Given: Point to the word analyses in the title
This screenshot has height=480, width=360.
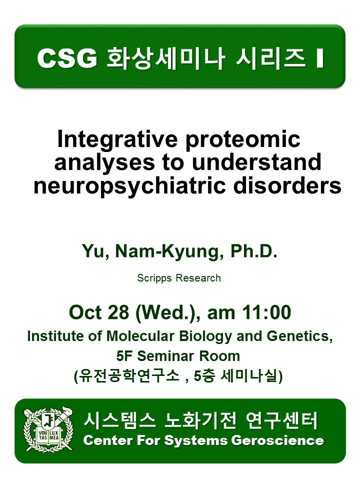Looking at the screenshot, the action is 104,163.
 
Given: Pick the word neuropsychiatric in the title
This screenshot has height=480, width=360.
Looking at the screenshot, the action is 129,186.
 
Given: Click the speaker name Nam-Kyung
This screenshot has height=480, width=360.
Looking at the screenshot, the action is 167,251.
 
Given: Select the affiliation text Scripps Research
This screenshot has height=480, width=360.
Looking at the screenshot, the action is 179,278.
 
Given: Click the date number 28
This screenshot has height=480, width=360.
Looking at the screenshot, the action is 118,312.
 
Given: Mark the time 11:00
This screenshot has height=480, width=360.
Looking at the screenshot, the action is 266,312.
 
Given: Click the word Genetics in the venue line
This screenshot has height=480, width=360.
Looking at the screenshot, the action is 299,336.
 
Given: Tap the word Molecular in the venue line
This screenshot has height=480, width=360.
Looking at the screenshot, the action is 140,336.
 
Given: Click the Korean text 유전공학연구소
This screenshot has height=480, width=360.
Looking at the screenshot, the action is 129,376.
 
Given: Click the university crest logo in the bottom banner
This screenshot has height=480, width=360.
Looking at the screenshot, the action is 48,429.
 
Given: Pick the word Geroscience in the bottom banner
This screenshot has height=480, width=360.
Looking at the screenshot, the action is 277,441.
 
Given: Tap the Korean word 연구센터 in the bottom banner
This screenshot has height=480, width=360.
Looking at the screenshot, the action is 281,420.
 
